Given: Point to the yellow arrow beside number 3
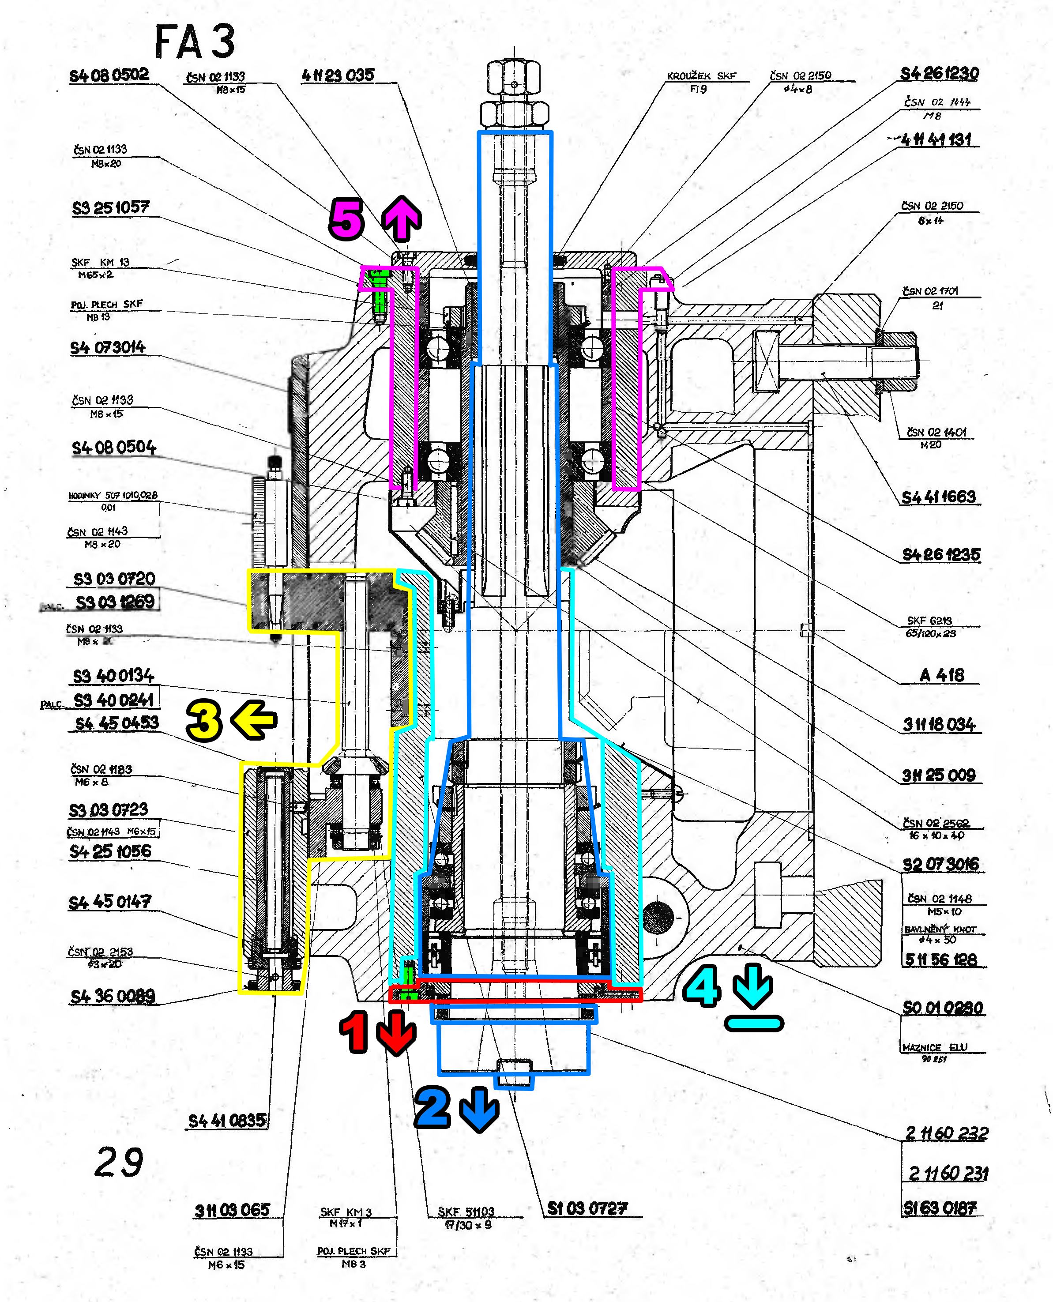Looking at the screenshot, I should [254, 720].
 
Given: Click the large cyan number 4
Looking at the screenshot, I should [702, 987].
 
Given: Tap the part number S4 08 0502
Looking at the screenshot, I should [109, 75].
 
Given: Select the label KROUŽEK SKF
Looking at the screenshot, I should [701, 76].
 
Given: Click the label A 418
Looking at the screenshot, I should [941, 675].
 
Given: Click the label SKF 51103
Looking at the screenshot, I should [466, 1212].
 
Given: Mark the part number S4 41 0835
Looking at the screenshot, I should [227, 1121].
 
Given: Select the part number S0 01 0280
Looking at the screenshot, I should [942, 1008].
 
